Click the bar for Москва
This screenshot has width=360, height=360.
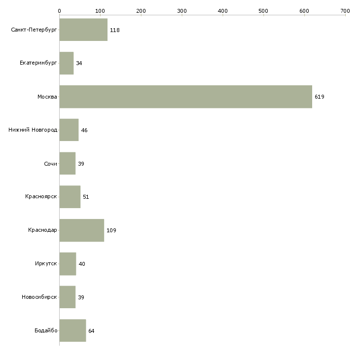point(185,97)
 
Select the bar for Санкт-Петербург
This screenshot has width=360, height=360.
point(83,30)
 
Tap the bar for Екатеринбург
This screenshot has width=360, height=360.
point(66,63)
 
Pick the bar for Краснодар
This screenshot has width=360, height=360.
point(81,230)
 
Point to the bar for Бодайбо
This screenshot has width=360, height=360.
point(72,330)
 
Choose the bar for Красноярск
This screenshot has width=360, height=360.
point(70,197)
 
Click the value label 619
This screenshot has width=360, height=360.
point(319,97)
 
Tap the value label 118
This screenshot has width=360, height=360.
point(114,30)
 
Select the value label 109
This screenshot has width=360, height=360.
point(111,230)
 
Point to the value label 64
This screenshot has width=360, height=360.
point(91,330)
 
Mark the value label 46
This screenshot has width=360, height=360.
point(84,130)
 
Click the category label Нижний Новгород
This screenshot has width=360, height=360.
point(33,130)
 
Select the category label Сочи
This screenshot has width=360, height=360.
point(50,164)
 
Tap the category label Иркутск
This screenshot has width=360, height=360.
point(46,264)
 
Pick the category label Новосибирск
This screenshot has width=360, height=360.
point(39,297)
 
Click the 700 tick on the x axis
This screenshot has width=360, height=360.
point(345,10)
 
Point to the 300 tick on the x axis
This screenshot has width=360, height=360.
point(181,10)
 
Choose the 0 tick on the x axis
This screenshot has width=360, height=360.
point(59,10)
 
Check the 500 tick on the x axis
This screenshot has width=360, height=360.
point(263,10)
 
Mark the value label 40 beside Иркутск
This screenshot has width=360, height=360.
point(82,264)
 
